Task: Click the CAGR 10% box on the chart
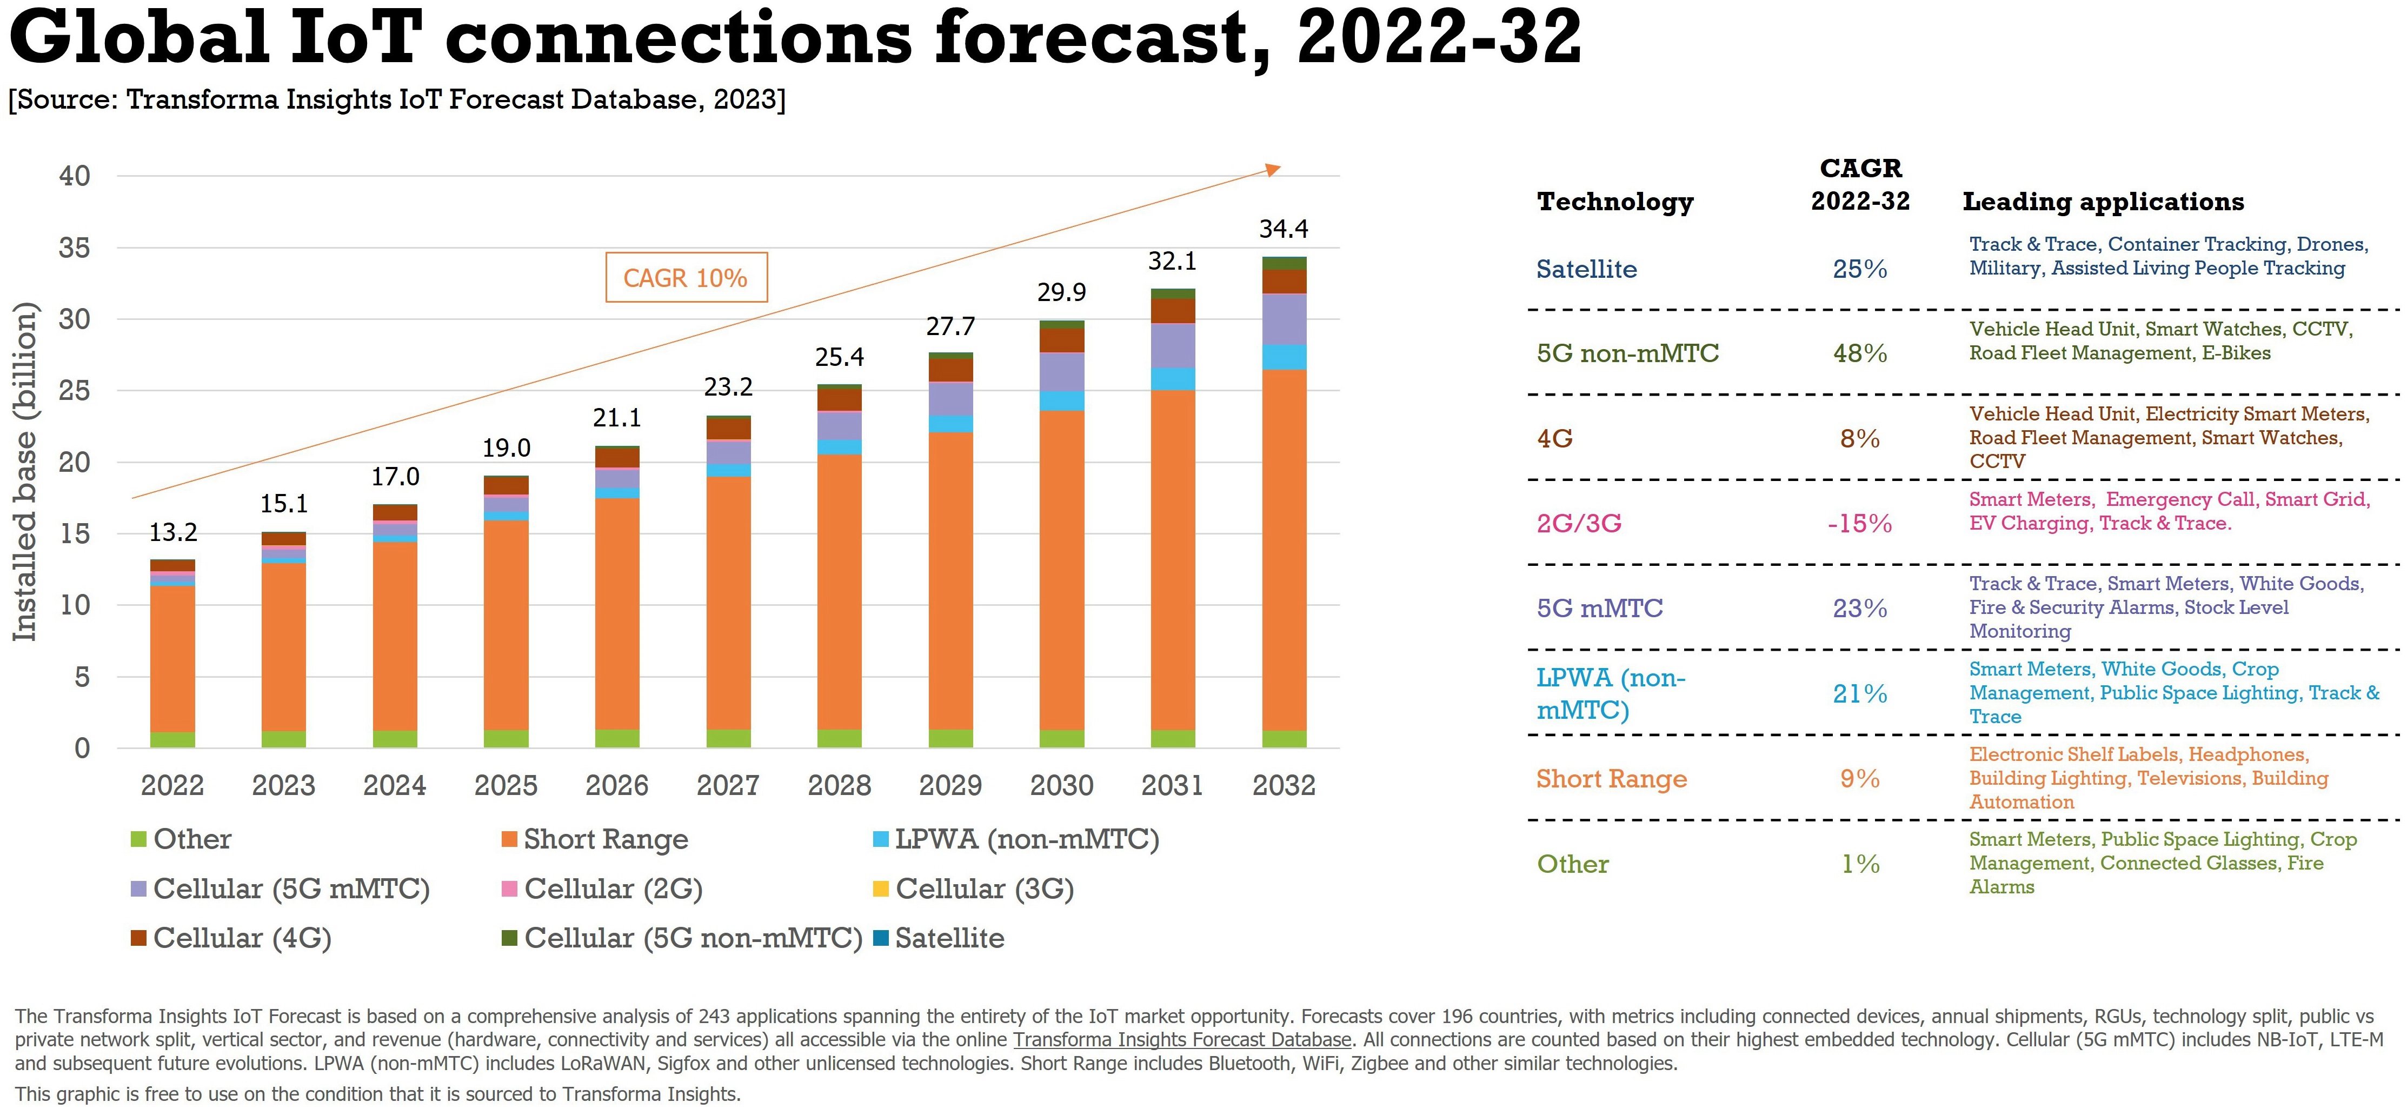pyautogui.click(x=686, y=277)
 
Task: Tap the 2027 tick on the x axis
pyautogui.click(x=728, y=785)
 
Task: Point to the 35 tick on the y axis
pyautogui.click(x=75, y=248)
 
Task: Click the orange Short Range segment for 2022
pyautogui.click(x=173, y=659)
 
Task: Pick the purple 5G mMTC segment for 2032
pyautogui.click(x=1284, y=319)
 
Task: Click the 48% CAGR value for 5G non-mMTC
pyautogui.click(x=1859, y=353)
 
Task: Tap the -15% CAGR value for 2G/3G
pyautogui.click(x=1859, y=523)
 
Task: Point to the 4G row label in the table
pyautogui.click(x=1555, y=438)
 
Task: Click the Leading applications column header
pyautogui.click(x=2103, y=202)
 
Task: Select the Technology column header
pyautogui.click(x=1614, y=202)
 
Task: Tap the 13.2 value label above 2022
pyautogui.click(x=173, y=532)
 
